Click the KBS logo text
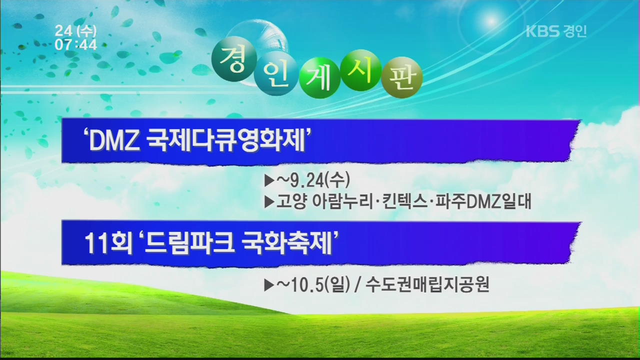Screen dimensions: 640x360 coord(542,31)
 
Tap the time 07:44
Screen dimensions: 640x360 coord(75,45)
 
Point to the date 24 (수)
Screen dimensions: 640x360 coord(75,31)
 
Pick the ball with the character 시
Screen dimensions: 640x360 coord(361,70)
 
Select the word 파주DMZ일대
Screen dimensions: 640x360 coord(483,201)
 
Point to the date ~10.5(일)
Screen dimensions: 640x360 coord(313,284)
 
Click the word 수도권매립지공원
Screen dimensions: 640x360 coord(427,284)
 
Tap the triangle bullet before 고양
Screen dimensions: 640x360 coord(269,202)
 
